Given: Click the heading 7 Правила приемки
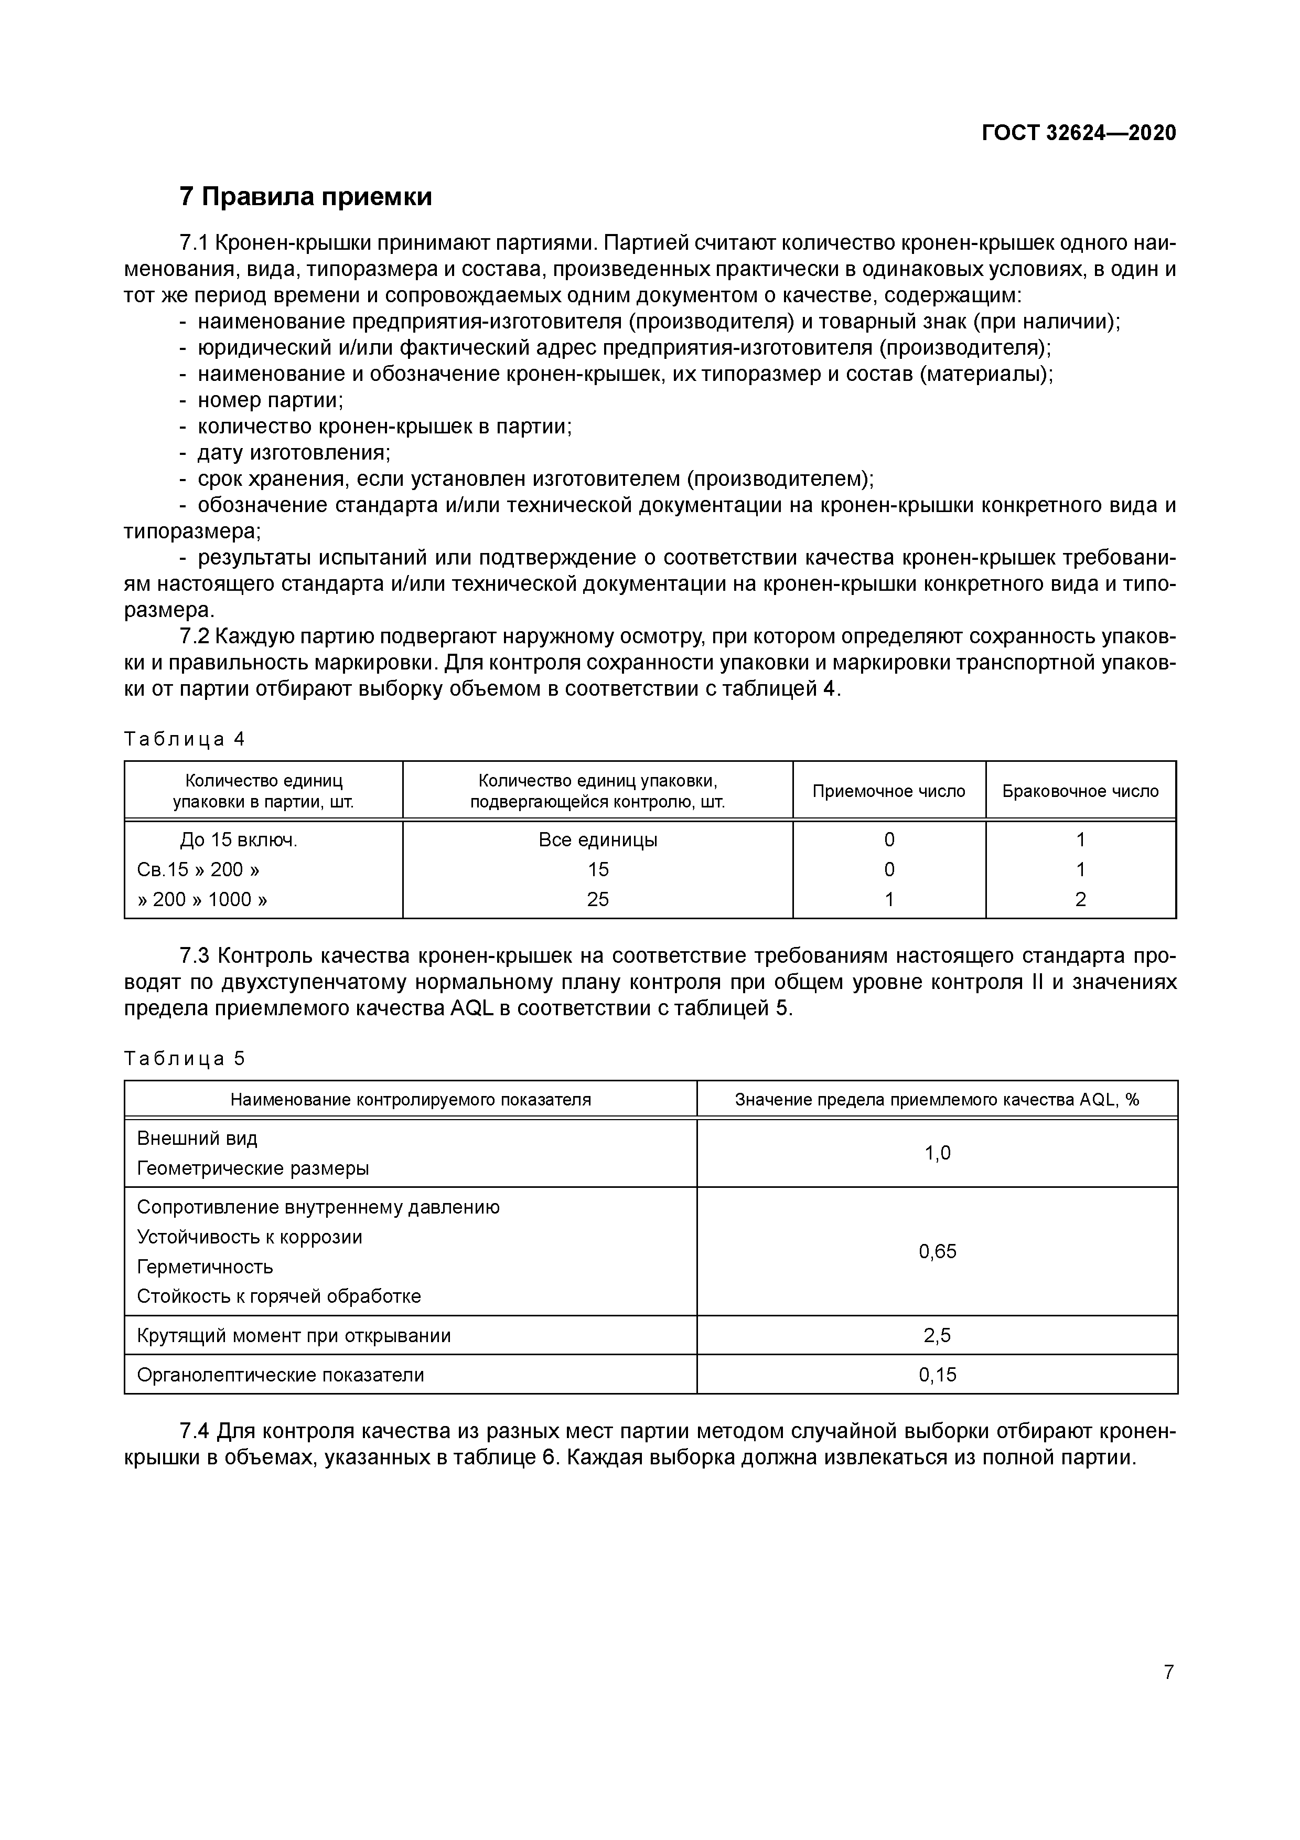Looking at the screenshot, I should tap(305, 196).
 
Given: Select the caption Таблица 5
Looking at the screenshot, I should tap(184, 1059).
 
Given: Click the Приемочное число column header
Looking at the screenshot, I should tap(888, 791).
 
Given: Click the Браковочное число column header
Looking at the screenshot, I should tap(1080, 791).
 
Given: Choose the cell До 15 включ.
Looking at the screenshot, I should tap(239, 840).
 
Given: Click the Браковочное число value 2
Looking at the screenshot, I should tap(1080, 899).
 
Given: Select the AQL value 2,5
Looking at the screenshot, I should tap(937, 1336).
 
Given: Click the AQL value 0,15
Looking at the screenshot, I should tap(937, 1375).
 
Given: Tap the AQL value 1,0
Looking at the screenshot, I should tap(937, 1153).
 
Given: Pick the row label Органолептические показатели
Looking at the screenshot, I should tap(281, 1375).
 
